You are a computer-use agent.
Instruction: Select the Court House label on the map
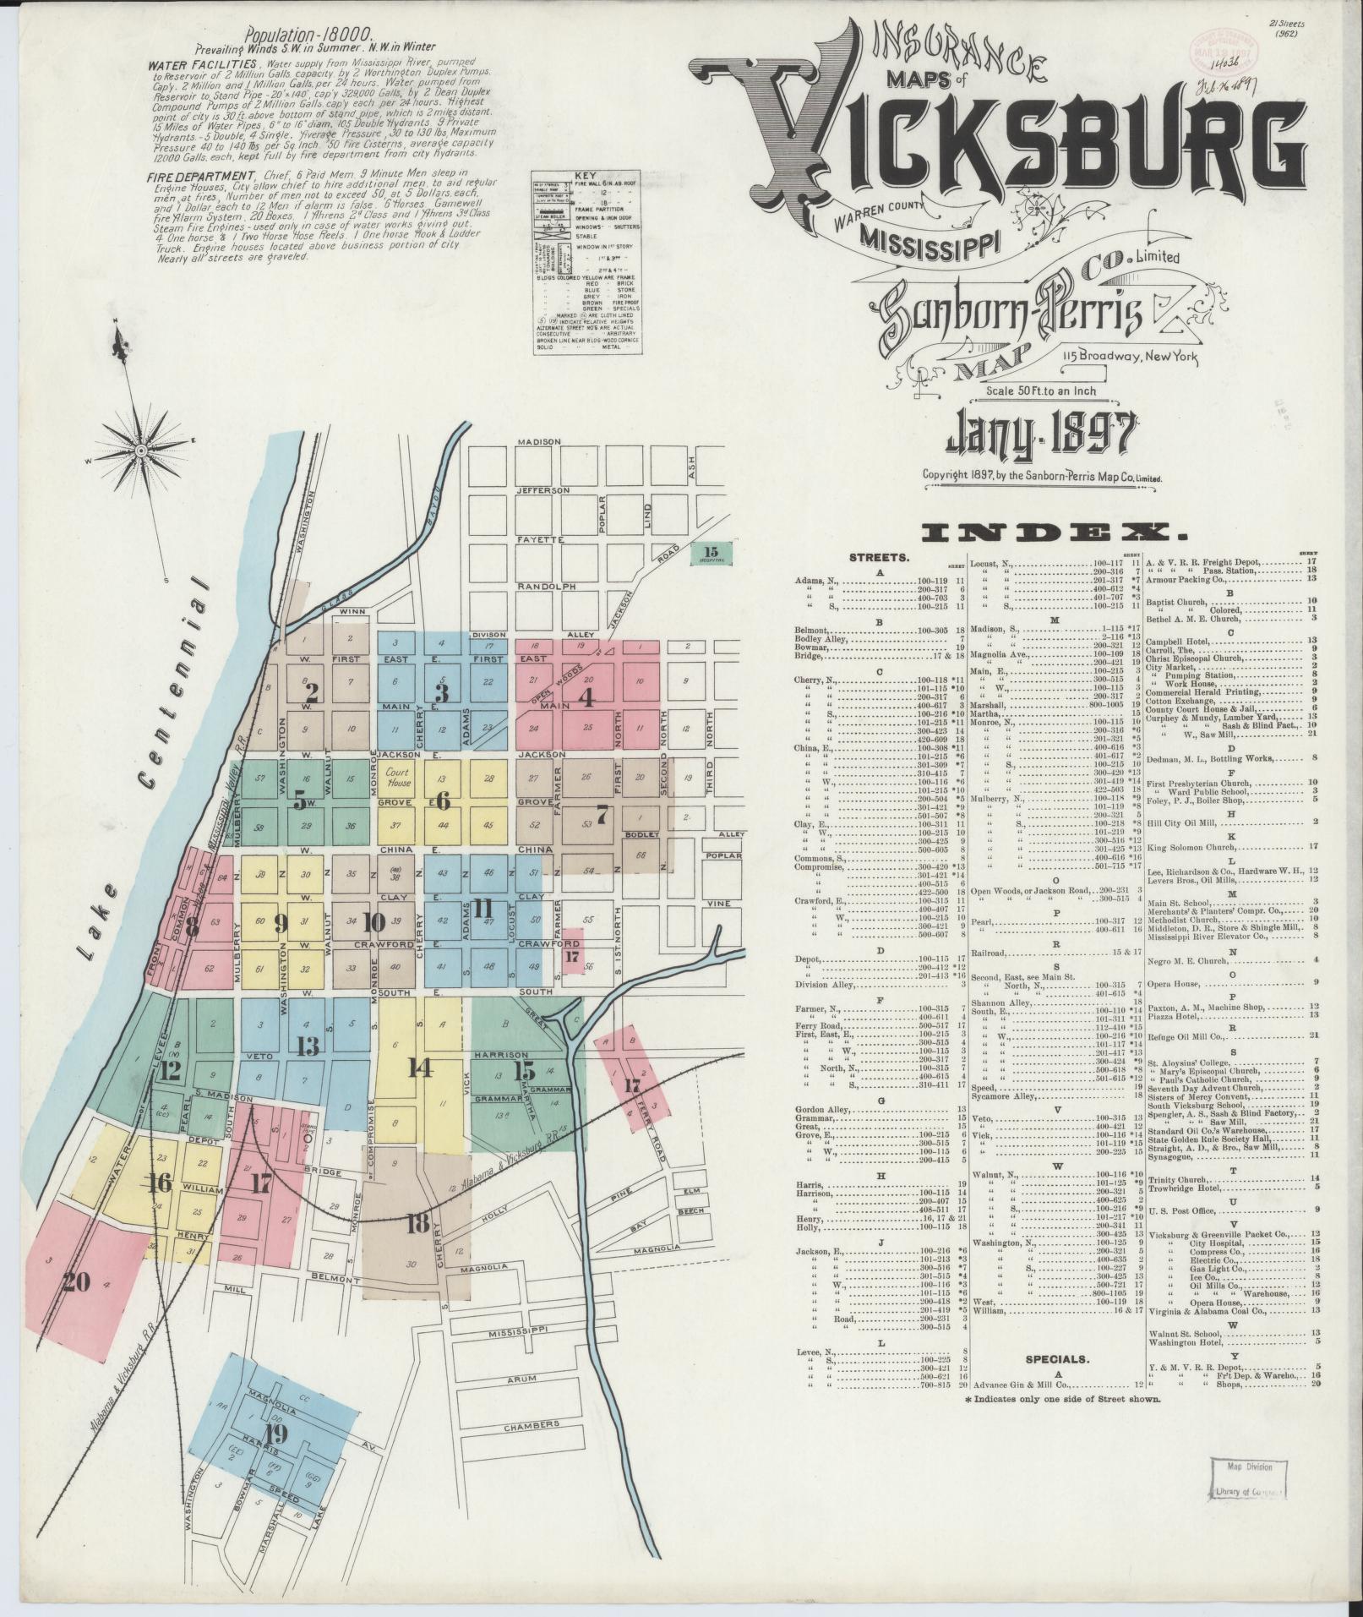[x=398, y=777]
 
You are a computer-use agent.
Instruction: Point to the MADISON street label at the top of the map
[x=538, y=442]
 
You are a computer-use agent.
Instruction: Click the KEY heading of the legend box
[x=585, y=175]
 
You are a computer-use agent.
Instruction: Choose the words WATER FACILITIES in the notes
[x=202, y=64]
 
